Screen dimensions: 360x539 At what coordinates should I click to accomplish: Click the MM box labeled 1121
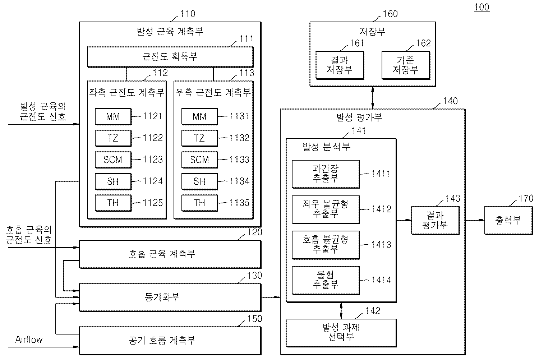(113, 116)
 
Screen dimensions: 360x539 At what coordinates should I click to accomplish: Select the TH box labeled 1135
(199, 203)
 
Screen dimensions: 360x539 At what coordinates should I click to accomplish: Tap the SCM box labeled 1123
(113, 160)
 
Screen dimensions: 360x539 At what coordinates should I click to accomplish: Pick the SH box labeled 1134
(199, 181)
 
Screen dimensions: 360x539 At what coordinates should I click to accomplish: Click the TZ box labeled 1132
(199, 138)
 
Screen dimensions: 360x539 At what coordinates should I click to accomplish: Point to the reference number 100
(482, 7)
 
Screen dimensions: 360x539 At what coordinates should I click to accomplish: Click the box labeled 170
(508, 220)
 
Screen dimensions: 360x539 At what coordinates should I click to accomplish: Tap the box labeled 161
(339, 65)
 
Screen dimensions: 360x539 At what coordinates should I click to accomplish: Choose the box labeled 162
(405, 65)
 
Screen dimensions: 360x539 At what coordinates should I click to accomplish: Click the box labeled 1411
(326, 174)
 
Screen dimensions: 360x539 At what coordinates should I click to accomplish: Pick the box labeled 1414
(326, 280)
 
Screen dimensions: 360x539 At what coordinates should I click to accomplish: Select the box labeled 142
(341, 332)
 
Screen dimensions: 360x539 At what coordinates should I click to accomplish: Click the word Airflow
(29, 340)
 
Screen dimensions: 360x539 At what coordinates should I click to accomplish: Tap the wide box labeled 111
(170, 57)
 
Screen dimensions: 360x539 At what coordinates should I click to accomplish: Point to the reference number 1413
(381, 245)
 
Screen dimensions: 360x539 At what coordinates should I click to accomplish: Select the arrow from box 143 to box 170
(475, 220)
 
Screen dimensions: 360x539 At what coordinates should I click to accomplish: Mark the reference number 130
(254, 276)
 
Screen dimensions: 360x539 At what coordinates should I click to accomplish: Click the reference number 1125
(153, 203)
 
